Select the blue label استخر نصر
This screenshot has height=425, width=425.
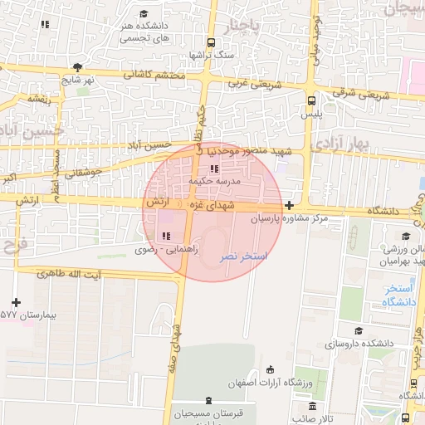click(x=243, y=258)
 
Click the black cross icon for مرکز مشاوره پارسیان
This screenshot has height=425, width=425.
click(x=288, y=205)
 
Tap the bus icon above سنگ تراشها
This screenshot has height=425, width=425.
click(x=212, y=42)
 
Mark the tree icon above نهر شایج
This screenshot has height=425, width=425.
click(x=77, y=68)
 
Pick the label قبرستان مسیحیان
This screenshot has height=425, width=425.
click(x=207, y=413)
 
